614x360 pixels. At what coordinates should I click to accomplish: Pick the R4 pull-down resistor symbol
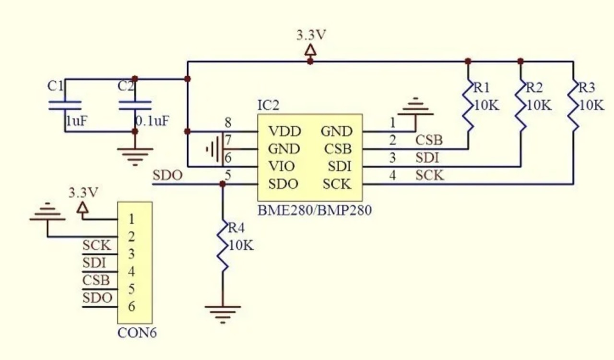(x=223, y=246)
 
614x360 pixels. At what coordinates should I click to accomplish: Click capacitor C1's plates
(x=65, y=106)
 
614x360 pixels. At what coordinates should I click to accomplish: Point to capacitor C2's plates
(x=135, y=106)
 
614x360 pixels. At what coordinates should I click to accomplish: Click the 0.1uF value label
(x=152, y=120)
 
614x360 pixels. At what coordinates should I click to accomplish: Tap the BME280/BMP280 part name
(x=314, y=210)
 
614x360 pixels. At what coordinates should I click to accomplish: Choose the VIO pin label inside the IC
(x=282, y=167)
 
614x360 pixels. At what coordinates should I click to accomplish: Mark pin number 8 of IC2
(x=227, y=123)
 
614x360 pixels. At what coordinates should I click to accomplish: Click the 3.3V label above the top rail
(x=311, y=36)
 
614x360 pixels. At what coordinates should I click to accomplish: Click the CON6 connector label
(x=137, y=333)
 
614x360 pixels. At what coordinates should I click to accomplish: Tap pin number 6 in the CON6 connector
(x=131, y=307)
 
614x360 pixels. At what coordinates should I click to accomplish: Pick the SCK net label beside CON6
(x=96, y=246)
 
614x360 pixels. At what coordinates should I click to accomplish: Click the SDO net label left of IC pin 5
(x=167, y=176)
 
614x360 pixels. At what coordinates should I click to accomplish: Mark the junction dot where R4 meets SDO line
(x=223, y=184)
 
